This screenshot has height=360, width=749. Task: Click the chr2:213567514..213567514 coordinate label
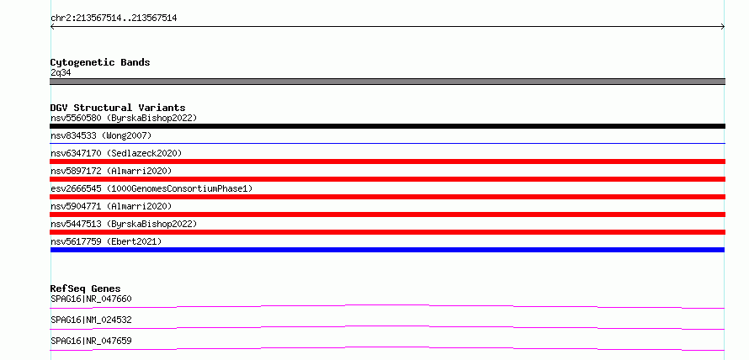tap(114, 19)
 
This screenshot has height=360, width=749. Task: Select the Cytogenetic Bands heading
tap(100, 62)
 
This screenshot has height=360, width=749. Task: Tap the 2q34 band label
tap(61, 72)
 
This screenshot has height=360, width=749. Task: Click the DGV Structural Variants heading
tap(118, 108)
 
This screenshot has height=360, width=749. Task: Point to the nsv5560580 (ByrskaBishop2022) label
tap(124, 118)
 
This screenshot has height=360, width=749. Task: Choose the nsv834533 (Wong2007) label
tap(101, 135)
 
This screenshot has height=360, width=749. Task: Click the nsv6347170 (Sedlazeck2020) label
tap(116, 153)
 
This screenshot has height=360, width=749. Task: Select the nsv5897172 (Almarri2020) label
tap(111, 171)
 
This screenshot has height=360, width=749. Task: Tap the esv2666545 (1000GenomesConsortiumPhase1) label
tap(151, 188)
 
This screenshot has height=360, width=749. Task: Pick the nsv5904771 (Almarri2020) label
tap(111, 206)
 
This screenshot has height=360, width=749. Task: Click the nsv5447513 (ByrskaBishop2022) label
tap(124, 224)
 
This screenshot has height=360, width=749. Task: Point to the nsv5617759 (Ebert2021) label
tap(106, 241)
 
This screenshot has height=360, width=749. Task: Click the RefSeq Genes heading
tap(85, 289)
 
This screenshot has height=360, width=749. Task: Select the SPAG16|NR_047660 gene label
tap(91, 299)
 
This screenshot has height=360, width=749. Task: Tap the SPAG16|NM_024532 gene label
tap(91, 320)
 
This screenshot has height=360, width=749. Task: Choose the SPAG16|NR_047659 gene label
tap(91, 341)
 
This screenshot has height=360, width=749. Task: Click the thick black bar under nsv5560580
tap(387, 126)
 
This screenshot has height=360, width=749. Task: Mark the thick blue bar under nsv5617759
tap(387, 250)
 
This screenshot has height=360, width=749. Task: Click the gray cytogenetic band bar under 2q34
tap(387, 82)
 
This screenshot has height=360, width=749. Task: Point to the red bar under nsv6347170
tap(387, 161)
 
